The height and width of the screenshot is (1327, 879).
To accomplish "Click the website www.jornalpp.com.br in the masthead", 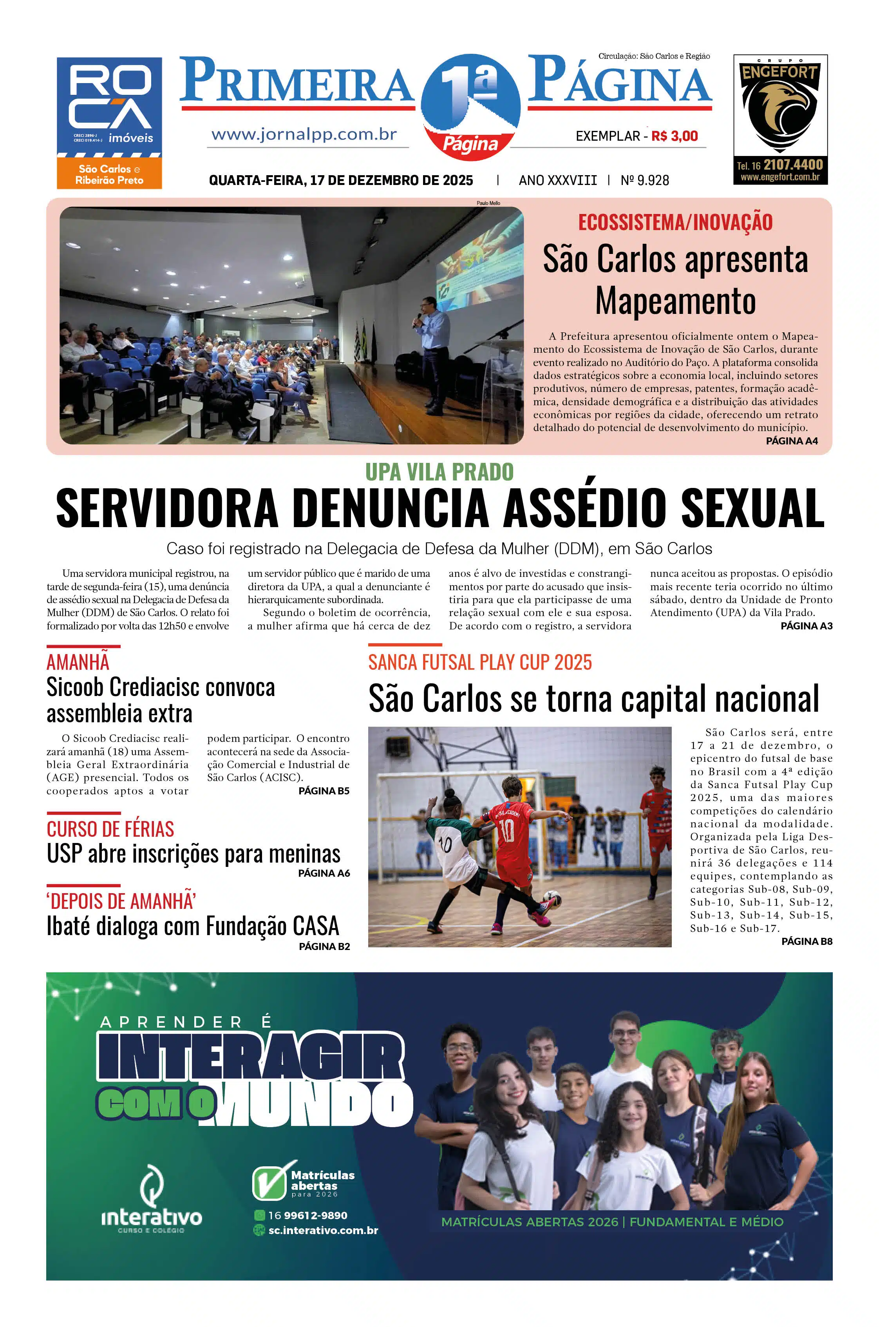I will tap(304, 134).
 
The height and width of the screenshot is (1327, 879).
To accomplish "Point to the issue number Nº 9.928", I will tap(645, 181).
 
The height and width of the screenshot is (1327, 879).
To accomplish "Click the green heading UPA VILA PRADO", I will tap(439, 472).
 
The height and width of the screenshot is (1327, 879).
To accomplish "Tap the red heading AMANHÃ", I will tap(78, 662).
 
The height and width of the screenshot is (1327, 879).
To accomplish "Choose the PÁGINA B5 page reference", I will tap(324, 791).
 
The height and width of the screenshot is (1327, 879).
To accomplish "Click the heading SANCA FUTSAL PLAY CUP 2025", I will tap(480, 662).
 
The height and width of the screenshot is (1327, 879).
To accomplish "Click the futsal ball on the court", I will tap(552, 897).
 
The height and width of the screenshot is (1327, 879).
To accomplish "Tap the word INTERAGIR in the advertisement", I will tap(250, 1058).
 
